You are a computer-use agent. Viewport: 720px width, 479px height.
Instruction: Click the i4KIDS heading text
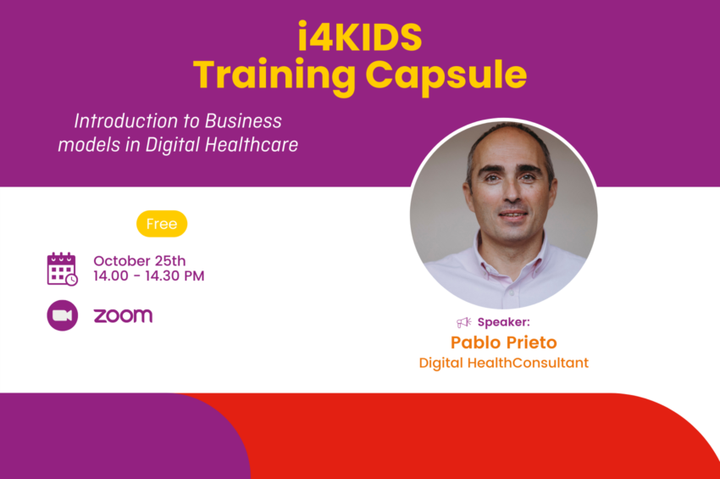359,36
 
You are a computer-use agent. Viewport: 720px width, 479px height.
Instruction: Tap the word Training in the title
274,75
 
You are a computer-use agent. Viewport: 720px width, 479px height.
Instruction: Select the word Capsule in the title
446,75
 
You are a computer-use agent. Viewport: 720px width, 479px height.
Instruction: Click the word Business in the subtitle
243,121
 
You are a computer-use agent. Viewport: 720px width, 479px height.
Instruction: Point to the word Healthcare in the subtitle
252,144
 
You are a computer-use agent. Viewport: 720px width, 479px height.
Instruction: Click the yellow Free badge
162,224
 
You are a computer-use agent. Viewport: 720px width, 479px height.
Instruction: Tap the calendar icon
62,269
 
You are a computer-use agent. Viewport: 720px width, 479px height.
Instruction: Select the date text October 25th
140,261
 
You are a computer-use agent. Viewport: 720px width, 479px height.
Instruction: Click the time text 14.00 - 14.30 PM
149,276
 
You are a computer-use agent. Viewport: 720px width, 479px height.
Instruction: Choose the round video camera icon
63,315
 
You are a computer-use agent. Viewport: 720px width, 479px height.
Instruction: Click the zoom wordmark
123,316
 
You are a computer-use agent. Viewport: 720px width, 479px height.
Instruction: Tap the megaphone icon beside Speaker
464,322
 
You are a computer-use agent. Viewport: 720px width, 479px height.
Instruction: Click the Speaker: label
504,322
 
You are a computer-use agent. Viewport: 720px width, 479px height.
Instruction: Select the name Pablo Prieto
504,343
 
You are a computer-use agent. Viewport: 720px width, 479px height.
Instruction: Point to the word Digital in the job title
441,363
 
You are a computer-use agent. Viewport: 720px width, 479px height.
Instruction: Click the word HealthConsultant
528,363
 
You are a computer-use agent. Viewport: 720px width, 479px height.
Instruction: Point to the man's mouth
513,214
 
